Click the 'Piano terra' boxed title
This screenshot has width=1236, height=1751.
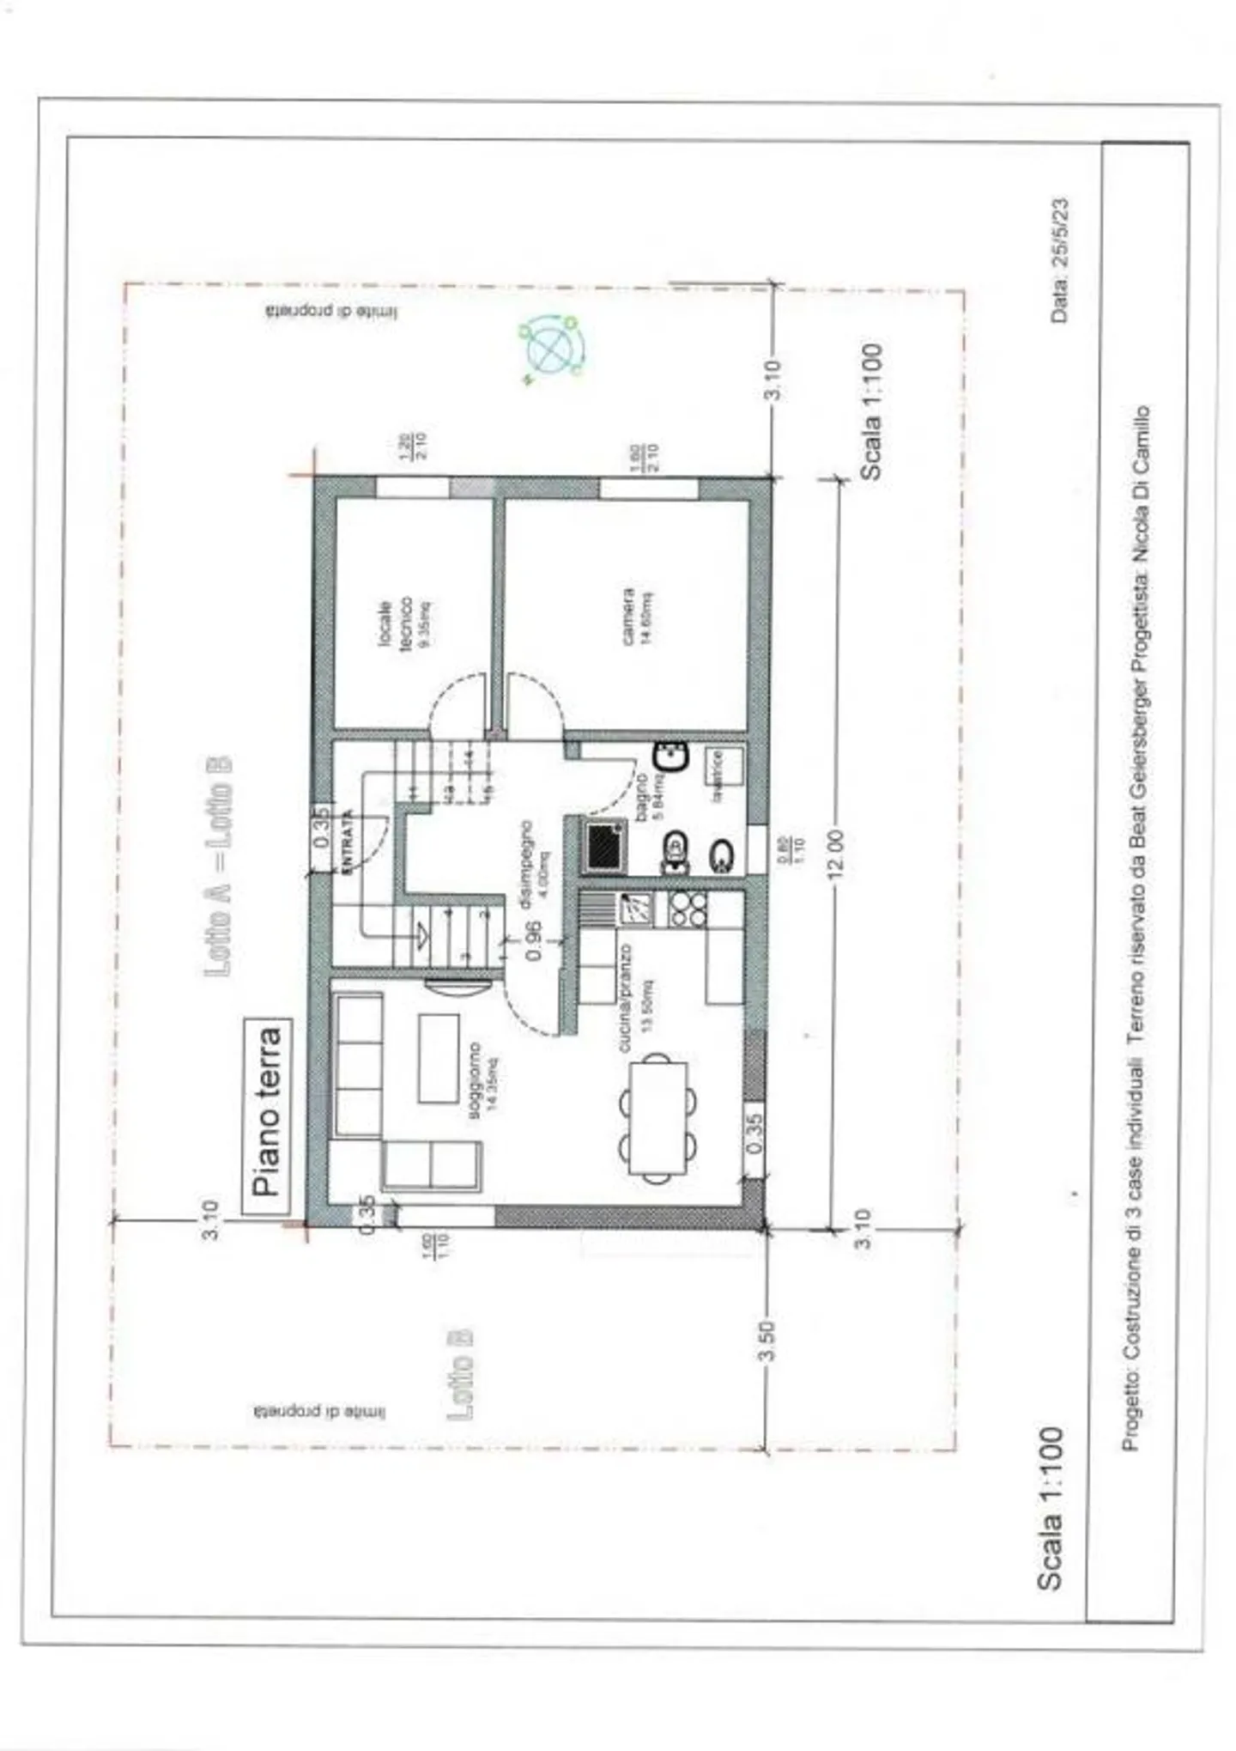tap(268, 1116)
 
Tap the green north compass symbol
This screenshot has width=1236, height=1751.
tap(551, 348)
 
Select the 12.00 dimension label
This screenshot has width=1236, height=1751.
tap(837, 853)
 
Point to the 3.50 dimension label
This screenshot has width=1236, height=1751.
tap(767, 1341)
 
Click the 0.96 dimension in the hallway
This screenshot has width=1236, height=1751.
tap(532, 940)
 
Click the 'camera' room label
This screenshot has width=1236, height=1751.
tap(636, 615)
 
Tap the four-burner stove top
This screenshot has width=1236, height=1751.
tap(688, 909)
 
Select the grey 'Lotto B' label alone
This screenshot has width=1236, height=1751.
tap(461, 1373)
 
